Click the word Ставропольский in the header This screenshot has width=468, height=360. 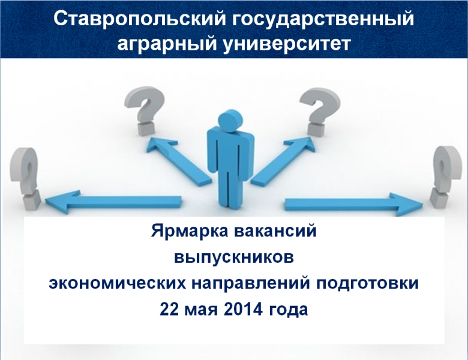(139, 19)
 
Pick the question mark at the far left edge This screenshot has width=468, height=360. (25, 179)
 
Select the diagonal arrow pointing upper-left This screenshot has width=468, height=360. (178, 161)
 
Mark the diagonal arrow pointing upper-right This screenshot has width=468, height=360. (283, 161)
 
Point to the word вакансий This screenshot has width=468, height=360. (275, 232)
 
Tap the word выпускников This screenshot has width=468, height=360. (234, 258)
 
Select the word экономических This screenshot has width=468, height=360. (117, 284)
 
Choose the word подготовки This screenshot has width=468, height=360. (367, 284)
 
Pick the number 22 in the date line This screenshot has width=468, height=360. (170, 309)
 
